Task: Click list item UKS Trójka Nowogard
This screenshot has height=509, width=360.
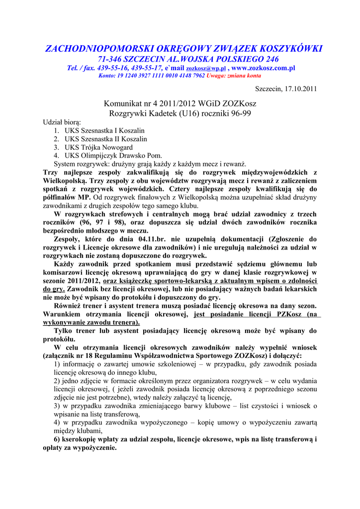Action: coord(98,148)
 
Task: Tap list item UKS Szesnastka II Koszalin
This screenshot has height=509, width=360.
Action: coord(106,139)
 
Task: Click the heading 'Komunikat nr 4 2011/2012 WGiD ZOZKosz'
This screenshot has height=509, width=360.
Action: coord(180,104)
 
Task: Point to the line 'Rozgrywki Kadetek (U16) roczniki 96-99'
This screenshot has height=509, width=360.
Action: coord(180,113)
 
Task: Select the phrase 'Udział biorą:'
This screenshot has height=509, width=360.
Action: coord(62,122)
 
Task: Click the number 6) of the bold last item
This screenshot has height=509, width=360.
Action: coord(58,439)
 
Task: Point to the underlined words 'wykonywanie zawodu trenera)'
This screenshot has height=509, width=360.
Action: coord(91,322)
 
